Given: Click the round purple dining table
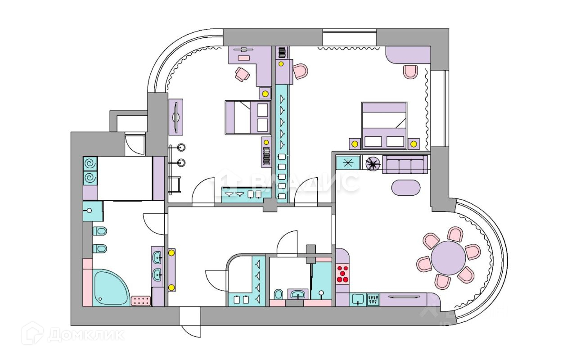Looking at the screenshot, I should [448, 258].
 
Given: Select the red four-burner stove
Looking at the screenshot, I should [343, 274].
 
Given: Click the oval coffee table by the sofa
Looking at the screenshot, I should [406, 187].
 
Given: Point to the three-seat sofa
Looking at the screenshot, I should [405, 165].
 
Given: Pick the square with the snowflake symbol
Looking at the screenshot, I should [348, 162].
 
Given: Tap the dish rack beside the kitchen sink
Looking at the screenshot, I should [373, 299].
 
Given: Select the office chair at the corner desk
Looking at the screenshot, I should [242, 74].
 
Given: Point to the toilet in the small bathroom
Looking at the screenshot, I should [278, 295].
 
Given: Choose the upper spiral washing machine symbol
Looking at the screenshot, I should [90, 163].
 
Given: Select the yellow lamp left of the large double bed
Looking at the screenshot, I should [355, 144].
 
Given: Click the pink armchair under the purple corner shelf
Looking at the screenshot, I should [410, 71].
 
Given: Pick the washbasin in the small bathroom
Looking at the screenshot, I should [297, 295].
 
